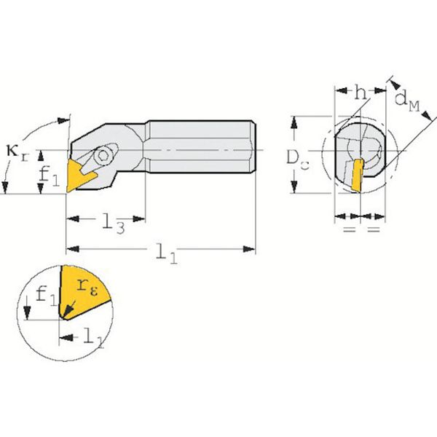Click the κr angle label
[x=17, y=153]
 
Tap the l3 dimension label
[x=113, y=224]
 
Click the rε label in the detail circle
[x=87, y=287]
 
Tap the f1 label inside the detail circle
[x=47, y=296]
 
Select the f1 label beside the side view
[x=49, y=177]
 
